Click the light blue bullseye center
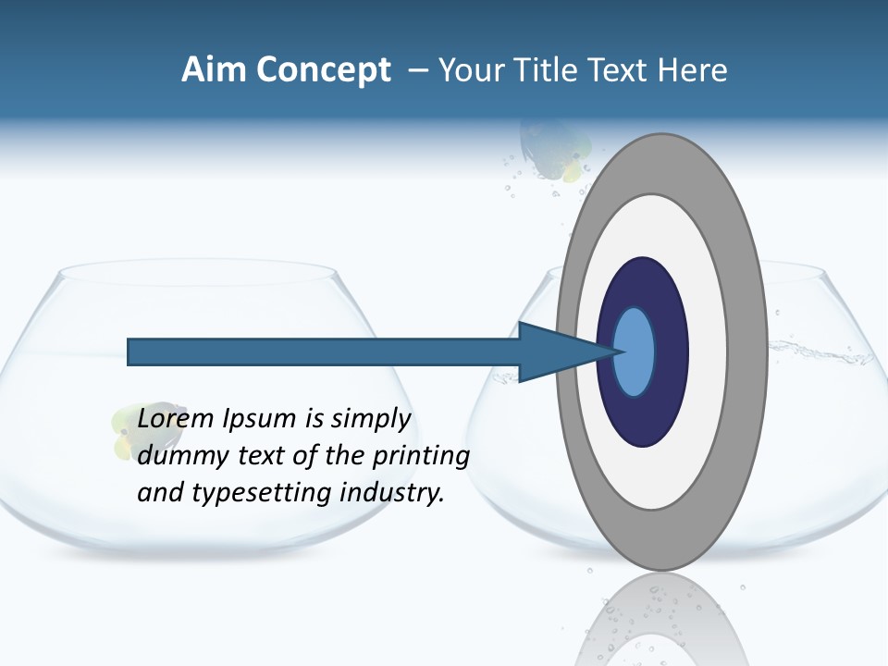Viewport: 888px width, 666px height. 634,352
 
